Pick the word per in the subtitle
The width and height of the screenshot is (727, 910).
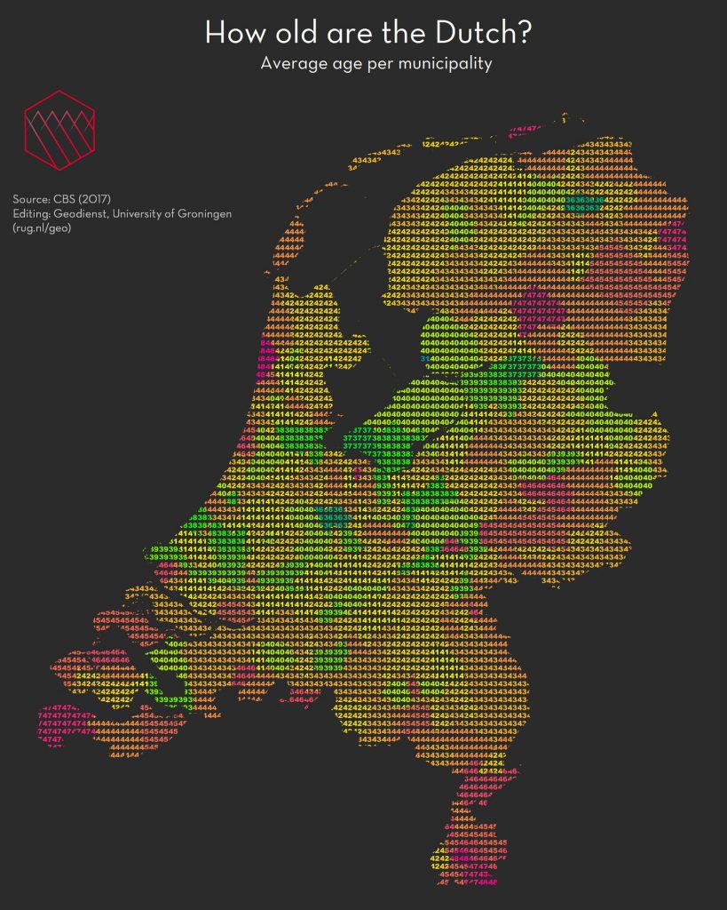pos(383,66)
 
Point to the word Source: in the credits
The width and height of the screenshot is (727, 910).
pos(34,198)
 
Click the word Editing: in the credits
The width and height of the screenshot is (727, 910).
pos(34,214)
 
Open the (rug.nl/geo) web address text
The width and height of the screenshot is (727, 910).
pos(43,229)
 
